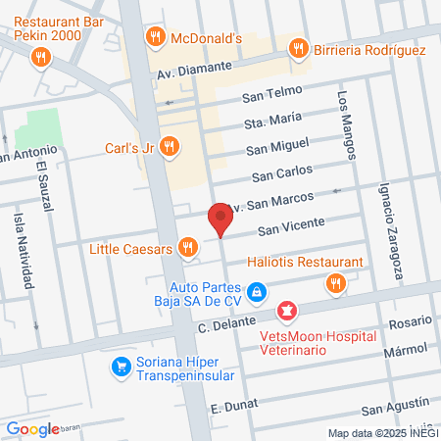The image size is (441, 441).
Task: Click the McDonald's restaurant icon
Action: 154,38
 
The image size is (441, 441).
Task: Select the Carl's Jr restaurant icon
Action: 170,148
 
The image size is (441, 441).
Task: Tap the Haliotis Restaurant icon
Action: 336,283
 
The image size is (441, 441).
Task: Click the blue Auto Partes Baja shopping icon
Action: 256,291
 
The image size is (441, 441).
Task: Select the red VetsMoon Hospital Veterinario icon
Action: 287,313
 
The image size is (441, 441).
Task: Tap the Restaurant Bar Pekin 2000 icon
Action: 39,57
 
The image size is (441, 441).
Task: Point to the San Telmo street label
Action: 267,98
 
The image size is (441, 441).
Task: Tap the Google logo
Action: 32,428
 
